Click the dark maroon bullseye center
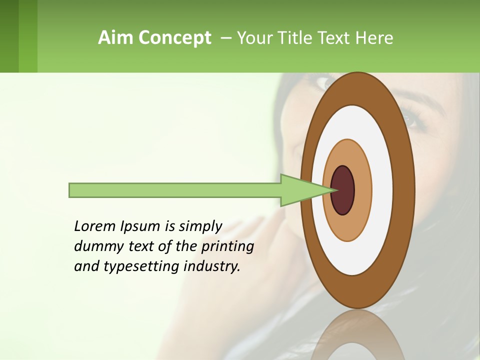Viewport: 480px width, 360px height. click(343, 190)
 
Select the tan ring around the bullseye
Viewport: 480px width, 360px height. click(362, 190)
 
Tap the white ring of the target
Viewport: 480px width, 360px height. click(382, 190)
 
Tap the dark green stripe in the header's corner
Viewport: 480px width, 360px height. click(9, 36)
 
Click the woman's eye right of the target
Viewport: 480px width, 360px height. click(409, 119)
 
